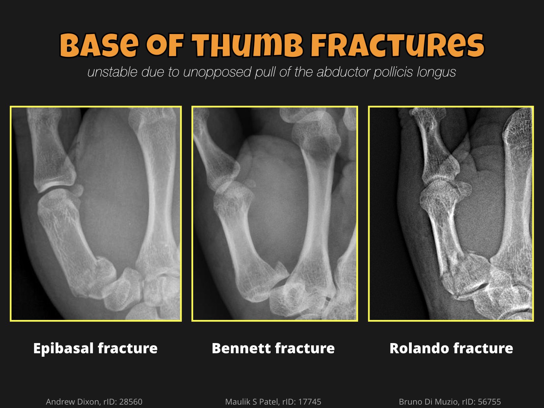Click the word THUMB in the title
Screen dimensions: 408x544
pos(247,45)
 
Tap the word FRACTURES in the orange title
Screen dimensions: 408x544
pos(397,45)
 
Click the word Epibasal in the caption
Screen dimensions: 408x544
pos(64,348)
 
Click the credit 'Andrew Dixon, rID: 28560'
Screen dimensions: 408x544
pos(94,402)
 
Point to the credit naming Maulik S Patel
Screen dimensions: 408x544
pos(273,402)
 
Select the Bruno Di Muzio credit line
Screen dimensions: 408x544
pos(450,402)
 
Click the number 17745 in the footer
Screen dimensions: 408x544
pos(309,402)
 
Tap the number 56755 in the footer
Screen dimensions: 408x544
pos(489,402)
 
